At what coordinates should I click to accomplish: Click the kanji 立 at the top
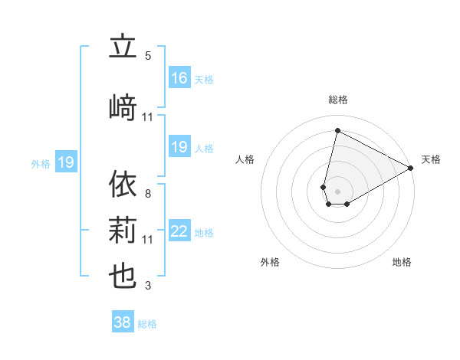pyautogui.click(x=123, y=47)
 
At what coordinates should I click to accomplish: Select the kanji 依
pyautogui.click(x=123, y=185)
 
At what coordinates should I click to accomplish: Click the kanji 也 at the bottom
pyautogui.click(x=123, y=277)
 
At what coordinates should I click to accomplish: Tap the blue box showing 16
pyautogui.click(x=179, y=78)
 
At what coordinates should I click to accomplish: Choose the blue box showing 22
pyautogui.click(x=179, y=232)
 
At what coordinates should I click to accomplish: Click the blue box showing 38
pyautogui.click(x=123, y=322)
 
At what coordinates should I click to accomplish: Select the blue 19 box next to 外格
pyautogui.click(x=66, y=162)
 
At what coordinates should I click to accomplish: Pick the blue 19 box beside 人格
pyautogui.click(x=179, y=147)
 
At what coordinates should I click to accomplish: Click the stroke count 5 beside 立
pyautogui.click(x=148, y=55)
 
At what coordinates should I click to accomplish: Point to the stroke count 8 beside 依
pyautogui.click(x=148, y=193)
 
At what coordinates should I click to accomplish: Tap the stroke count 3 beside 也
pyautogui.click(x=148, y=286)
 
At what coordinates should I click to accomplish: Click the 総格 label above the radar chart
pyautogui.click(x=337, y=100)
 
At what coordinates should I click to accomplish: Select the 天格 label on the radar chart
pyautogui.click(x=431, y=159)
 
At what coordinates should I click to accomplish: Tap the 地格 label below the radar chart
pyautogui.click(x=402, y=262)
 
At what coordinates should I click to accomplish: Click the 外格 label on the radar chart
pyautogui.click(x=270, y=262)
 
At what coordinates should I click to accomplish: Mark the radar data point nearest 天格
pyautogui.click(x=412, y=168)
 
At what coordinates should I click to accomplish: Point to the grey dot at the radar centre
pyautogui.click(x=337, y=190)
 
